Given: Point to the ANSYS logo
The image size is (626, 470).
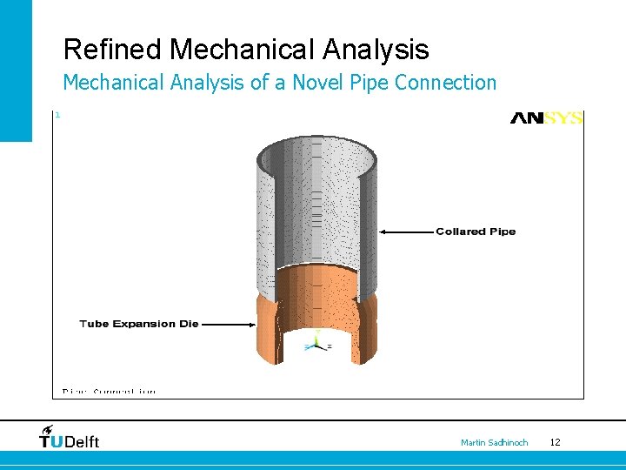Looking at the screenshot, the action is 546,117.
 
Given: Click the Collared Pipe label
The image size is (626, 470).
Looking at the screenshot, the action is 476,232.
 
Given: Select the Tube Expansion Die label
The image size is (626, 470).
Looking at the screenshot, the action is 139,324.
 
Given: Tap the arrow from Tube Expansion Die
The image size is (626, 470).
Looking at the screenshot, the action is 228,324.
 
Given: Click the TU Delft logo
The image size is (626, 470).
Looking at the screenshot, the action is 70,438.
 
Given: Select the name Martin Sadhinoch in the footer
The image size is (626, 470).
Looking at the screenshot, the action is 494,443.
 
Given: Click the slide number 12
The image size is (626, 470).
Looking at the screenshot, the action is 555,443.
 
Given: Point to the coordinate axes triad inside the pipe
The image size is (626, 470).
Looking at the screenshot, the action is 316,343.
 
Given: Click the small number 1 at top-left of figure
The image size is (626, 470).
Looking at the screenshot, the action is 57,115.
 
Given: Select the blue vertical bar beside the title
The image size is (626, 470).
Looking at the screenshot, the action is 16,70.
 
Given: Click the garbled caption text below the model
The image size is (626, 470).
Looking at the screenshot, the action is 109,392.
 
